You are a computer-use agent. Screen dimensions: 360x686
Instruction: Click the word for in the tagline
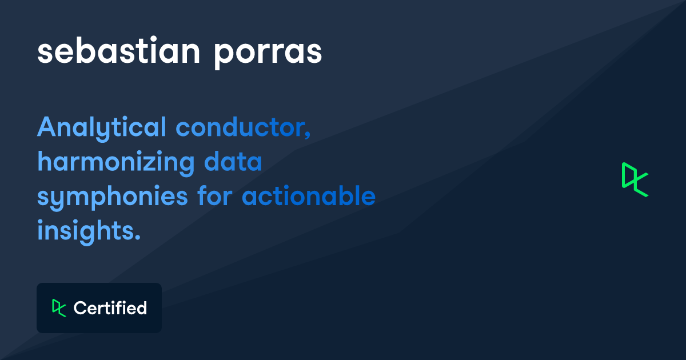coord(215,196)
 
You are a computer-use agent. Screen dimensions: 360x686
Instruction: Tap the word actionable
coord(309,196)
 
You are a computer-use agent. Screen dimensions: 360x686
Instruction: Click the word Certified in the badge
coord(110,308)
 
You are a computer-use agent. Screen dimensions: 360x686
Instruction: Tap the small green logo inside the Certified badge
coord(59,307)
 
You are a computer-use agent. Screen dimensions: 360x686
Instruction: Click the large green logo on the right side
coord(635,179)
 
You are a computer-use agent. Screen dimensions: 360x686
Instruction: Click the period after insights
coord(138,237)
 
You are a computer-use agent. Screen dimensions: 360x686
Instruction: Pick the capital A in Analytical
coord(46,127)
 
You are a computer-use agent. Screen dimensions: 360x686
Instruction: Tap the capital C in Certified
coord(80,308)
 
